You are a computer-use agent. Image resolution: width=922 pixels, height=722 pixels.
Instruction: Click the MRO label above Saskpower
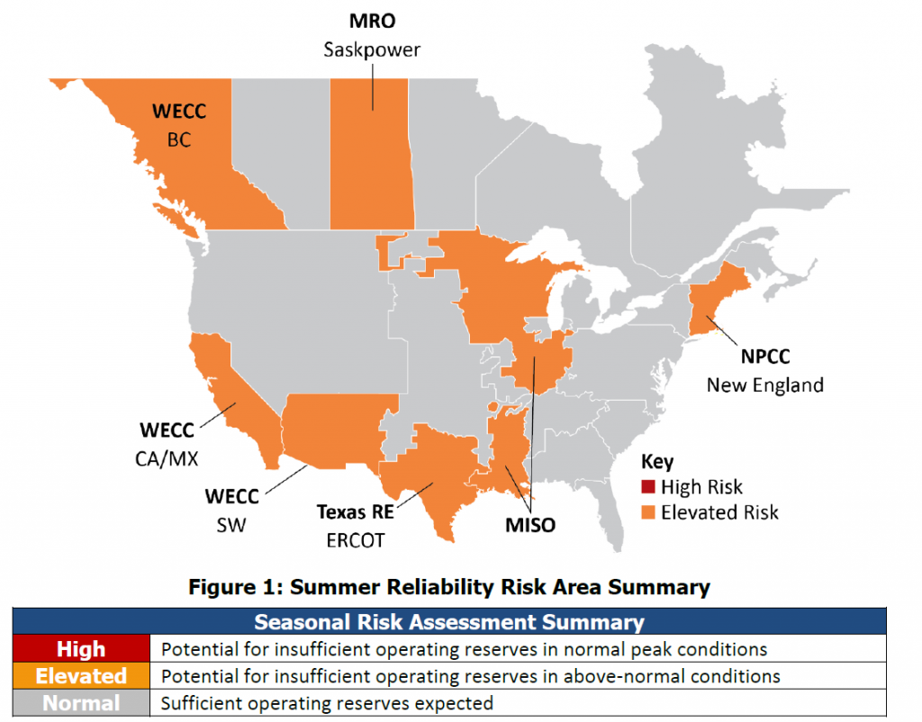click(x=373, y=20)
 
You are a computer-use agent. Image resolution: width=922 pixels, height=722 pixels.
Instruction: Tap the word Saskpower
click(x=373, y=49)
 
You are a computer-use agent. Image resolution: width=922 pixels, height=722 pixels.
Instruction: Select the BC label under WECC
click(x=179, y=140)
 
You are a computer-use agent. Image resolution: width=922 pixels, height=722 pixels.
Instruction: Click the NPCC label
click(x=765, y=356)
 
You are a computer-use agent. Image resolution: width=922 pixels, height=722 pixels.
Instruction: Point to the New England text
click(x=764, y=385)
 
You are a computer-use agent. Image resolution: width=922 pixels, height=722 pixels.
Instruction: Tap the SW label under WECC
click(x=231, y=523)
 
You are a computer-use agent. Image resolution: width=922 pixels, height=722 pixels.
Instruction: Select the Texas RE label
click(x=357, y=512)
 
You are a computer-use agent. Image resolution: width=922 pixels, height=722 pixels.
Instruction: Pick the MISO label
click(x=529, y=524)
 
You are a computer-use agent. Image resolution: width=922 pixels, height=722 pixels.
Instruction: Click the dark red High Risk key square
click(x=647, y=488)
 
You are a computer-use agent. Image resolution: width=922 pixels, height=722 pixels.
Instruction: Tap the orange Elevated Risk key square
click(x=647, y=513)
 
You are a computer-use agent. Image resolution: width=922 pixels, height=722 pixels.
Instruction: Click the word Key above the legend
click(x=657, y=461)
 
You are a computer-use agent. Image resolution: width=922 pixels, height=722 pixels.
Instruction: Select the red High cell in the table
click(x=81, y=649)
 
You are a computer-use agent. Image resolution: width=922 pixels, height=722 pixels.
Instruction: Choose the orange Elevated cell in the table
click(x=81, y=675)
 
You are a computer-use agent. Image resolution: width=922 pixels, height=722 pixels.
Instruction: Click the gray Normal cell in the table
click(x=81, y=702)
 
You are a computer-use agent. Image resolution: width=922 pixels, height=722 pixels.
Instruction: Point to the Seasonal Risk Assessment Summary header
click(x=448, y=622)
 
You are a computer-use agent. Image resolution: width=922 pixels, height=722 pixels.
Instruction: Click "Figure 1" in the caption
click(x=230, y=588)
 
